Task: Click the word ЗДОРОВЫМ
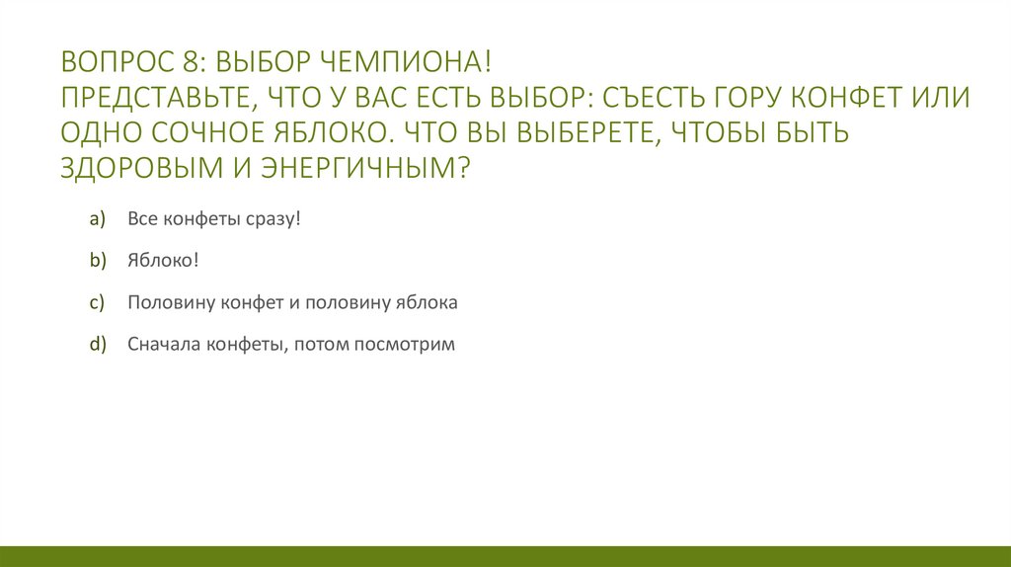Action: [138, 168]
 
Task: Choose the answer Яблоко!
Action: [163, 261]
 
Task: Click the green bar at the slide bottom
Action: [505, 555]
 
